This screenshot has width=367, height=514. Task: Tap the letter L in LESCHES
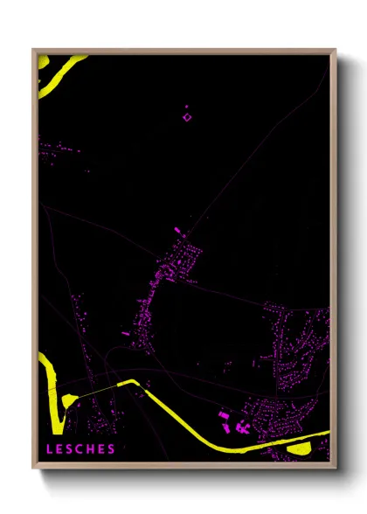[50, 449]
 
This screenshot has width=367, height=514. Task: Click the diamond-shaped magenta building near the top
[186, 115]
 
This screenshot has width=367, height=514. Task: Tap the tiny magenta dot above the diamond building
[186, 106]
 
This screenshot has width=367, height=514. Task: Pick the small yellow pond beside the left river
[68, 399]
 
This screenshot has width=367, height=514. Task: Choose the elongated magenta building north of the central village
[177, 231]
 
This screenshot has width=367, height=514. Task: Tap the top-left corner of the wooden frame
[34, 51]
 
